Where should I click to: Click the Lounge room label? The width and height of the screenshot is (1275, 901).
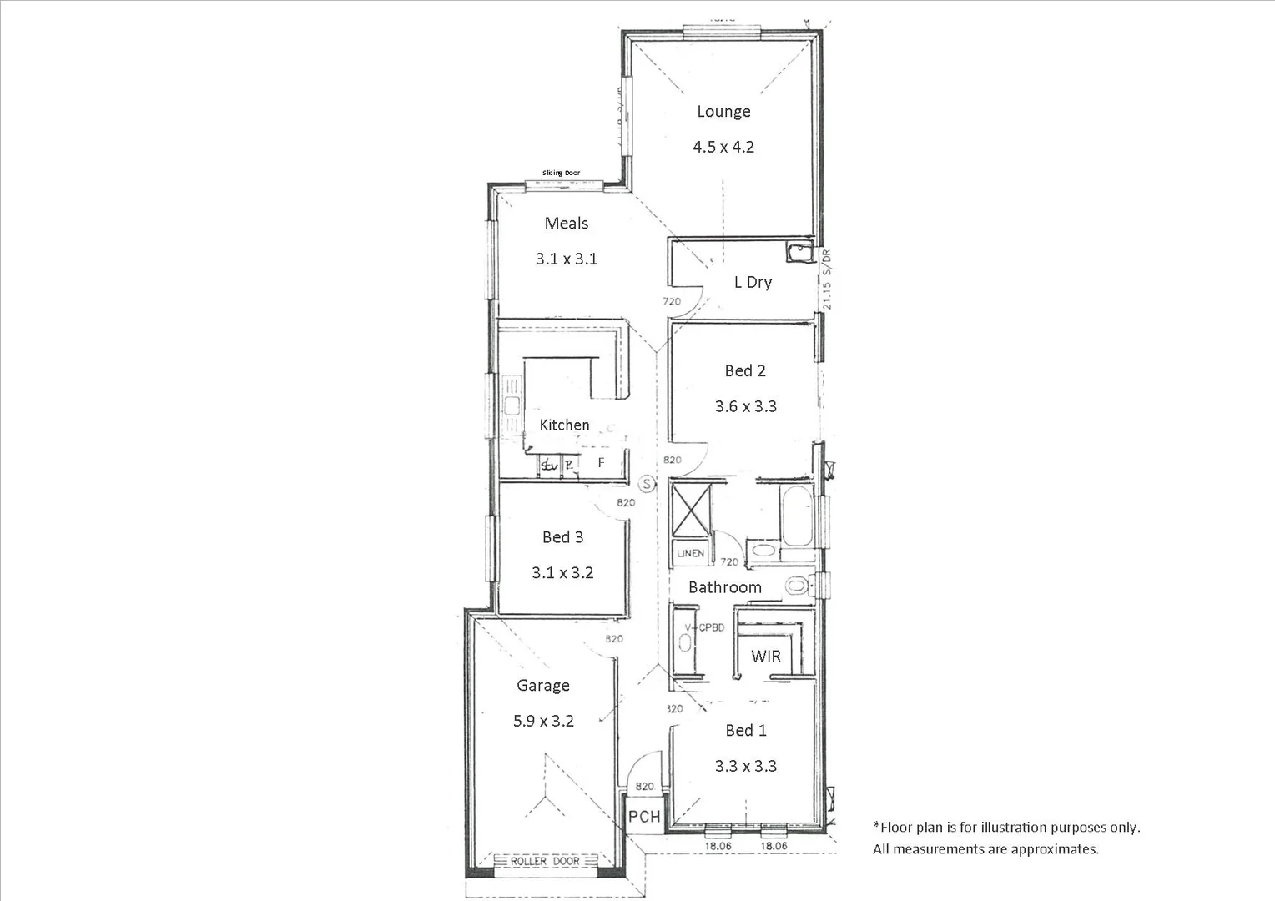(x=723, y=112)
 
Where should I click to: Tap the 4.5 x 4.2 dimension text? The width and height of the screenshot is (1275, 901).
(x=723, y=147)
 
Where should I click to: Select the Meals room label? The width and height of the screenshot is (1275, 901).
(x=566, y=224)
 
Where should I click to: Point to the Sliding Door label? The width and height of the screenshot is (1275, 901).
(x=561, y=173)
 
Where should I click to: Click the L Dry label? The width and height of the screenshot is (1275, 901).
(x=753, y=282)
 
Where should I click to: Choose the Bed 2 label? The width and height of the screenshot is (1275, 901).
(x=745, y=370)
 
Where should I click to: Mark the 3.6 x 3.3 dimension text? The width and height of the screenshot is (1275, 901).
(x=745, y=406)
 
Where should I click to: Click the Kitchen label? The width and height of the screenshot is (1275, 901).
(x=564, y=425)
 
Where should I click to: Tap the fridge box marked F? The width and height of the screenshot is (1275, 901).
(x=601, y=463)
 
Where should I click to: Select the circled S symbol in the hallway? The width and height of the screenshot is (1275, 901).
(x=648, y=483)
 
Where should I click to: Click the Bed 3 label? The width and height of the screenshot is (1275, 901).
(x=562, y=537)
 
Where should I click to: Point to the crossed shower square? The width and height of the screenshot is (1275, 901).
(x=691, y=510)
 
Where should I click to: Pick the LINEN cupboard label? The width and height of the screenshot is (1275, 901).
(x=690, y=553)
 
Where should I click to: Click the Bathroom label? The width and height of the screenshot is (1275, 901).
(x=724, y=587)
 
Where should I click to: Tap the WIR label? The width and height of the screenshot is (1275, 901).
(x=765, y=657)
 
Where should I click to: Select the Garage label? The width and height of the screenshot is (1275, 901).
(x=543, y=686)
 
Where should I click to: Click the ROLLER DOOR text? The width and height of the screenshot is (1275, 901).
(x=545, y=861)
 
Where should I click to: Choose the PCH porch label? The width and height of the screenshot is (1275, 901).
(x=643, y=817)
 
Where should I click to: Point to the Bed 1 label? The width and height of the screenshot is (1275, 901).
(x=745, y=731)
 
